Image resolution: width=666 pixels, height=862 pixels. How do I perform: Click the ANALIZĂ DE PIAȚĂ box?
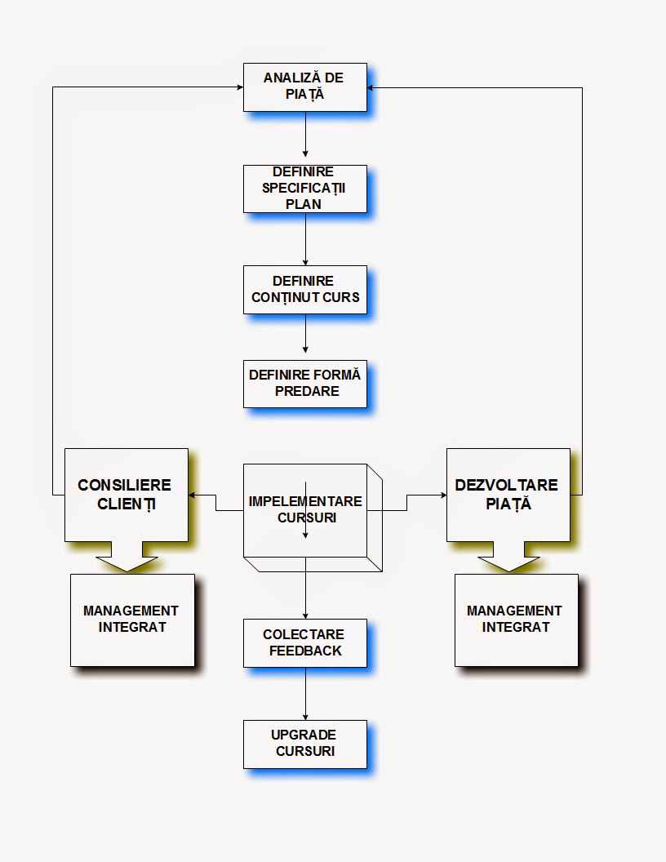click(x=304, y=87)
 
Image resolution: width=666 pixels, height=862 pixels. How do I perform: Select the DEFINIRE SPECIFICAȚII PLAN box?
click(x=304, y=189)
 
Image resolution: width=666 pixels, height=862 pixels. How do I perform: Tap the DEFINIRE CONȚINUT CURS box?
click(x=304, y=289)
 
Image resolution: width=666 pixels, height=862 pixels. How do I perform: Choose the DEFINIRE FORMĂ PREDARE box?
click(x=304, y=384)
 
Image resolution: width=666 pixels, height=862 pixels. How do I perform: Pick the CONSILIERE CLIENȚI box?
click(x=127, y=494)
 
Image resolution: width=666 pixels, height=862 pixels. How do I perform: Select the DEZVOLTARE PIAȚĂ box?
click(x=508, y=494)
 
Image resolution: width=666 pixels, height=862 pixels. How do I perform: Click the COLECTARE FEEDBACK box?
click(x=304, y=642)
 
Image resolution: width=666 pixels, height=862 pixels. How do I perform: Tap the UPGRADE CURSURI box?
click(x=304, y=744)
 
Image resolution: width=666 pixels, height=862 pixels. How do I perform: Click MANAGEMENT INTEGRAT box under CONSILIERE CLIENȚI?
click(x=132, y=620)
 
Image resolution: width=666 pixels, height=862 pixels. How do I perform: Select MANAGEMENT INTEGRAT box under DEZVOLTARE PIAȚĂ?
click(x=516, y=620)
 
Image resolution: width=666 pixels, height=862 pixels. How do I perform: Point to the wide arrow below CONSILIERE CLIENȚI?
click(x=127, y=562)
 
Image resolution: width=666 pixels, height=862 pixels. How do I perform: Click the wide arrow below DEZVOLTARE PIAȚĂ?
click(x=508, y=562)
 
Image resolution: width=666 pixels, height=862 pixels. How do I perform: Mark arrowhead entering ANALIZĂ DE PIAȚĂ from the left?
click(x=238, y=87)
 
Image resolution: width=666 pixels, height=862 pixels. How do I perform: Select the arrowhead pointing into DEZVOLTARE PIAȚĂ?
click(x=442, y=495)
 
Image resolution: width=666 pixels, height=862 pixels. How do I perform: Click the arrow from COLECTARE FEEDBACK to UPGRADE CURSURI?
click(x=305, y=694)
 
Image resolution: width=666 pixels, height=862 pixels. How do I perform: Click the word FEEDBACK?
click(x=304, y=651)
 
